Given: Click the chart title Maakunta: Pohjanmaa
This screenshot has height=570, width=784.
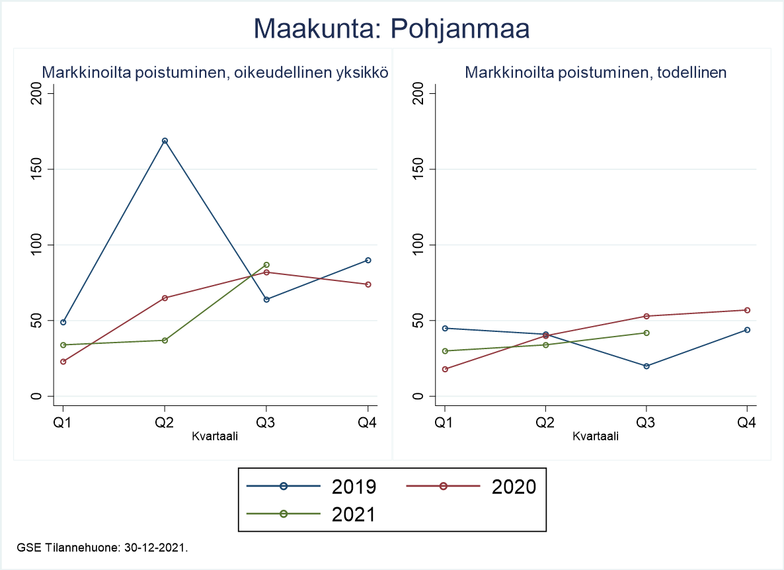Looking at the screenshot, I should (391, 29).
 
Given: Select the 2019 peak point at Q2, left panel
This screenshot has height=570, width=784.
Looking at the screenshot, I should (165, 141).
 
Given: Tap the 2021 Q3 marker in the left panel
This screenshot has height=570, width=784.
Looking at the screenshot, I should (266, 265).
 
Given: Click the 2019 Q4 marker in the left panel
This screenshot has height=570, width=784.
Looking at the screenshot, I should (368, 260).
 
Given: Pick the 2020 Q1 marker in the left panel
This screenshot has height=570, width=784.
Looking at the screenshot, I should (63, 362).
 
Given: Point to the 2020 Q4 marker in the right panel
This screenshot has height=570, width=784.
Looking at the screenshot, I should (748, 310).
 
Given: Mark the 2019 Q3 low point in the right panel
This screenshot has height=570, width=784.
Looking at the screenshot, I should (647, 366).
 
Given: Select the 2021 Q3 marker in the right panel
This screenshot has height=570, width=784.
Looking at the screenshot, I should (647, 333).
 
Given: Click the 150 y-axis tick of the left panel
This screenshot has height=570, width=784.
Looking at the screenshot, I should (39, 169).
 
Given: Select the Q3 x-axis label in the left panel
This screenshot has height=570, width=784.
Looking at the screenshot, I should (266, 423).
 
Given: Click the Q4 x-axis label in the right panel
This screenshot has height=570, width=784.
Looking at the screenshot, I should (748, 423).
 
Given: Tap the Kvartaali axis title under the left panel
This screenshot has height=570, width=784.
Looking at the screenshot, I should (215, 436).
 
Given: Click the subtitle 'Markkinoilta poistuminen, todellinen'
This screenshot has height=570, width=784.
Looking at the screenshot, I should (596, 73).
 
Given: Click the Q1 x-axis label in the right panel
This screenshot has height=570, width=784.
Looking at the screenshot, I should (444, 423).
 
